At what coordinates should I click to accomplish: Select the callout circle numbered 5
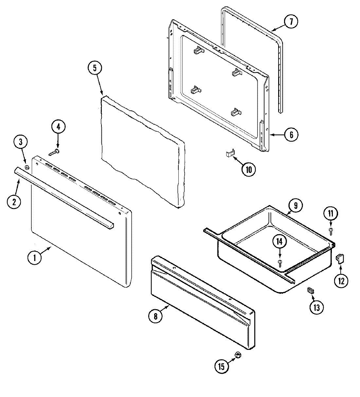coord(95,68)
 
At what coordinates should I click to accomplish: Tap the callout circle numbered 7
coord(290,22)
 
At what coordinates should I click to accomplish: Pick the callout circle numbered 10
coord(248,169)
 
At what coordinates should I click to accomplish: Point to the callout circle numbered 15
coord(222,366)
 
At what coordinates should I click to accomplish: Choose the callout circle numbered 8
coord(155,316)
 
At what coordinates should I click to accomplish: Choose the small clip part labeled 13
coord(310,290)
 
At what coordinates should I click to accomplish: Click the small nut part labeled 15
coord(238,355)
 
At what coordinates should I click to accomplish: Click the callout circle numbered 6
coord(291,134)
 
